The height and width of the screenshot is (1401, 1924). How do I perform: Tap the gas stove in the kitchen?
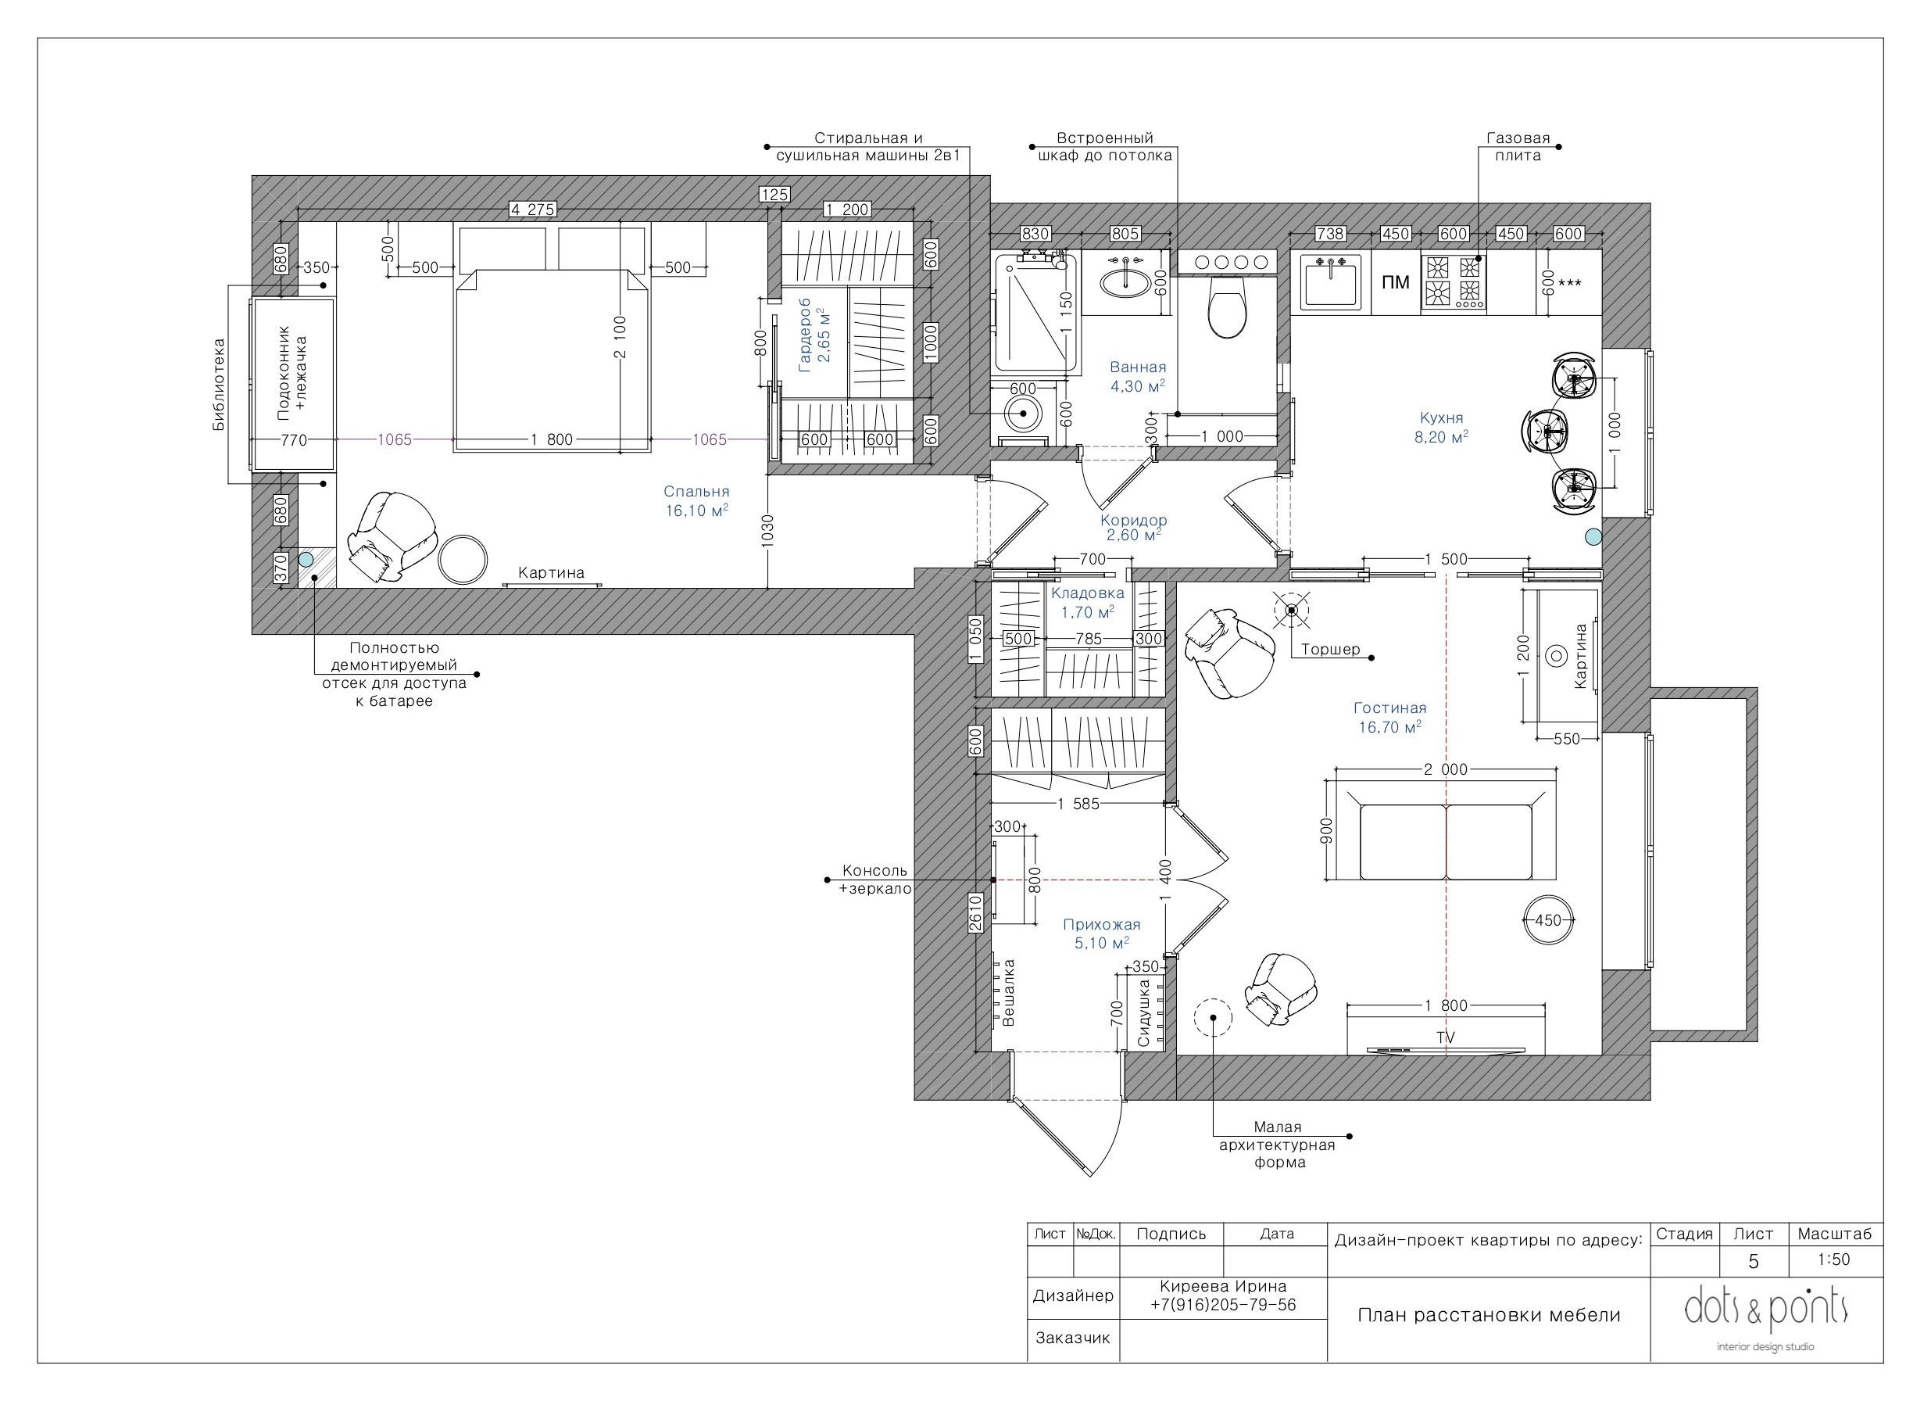tap(1454, 281)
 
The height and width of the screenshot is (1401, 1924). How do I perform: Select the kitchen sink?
tap(1330, 281)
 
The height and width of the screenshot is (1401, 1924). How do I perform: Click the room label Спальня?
tap(696, 491)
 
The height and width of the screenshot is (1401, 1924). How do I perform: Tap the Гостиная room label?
tap(1389, 708)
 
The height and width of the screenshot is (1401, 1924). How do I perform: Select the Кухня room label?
tap(1441, 417)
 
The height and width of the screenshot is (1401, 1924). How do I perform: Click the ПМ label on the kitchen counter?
tap(1395, 282)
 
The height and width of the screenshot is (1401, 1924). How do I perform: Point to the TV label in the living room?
tap(1446, 1037)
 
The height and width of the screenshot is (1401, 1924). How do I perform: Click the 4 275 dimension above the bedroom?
tap(532, 209)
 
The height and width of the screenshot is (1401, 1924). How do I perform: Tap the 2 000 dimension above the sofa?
tap(1446, 769)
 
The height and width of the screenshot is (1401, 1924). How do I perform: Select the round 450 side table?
tap(1548, 920)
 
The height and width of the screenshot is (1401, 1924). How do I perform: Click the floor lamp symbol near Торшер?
tap(1291, 609)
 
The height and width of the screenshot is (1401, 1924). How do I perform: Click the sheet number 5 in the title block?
tap(1754, 1261)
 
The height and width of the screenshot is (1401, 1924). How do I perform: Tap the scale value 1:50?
tap(1834, 1259)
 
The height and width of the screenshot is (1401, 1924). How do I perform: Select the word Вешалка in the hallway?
tap(1009, 993)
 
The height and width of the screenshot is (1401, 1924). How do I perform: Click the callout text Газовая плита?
tap(1518, 146)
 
